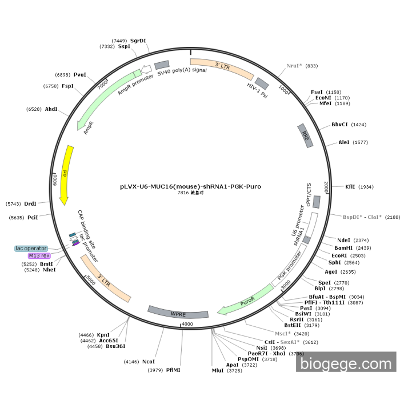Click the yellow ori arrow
(66, 174)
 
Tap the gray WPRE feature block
(178, 313)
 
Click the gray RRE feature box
(306, 136)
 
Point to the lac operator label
(31, 248)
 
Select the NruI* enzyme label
(294, 66)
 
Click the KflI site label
(350, 186)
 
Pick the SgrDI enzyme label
(138, 41)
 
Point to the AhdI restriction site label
(51, 109)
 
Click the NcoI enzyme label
(149, 361)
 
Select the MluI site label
(218, 370)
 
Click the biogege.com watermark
(346, 363)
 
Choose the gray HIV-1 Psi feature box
(261, 86)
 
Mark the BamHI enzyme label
(344, 248)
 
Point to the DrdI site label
(30, 203)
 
